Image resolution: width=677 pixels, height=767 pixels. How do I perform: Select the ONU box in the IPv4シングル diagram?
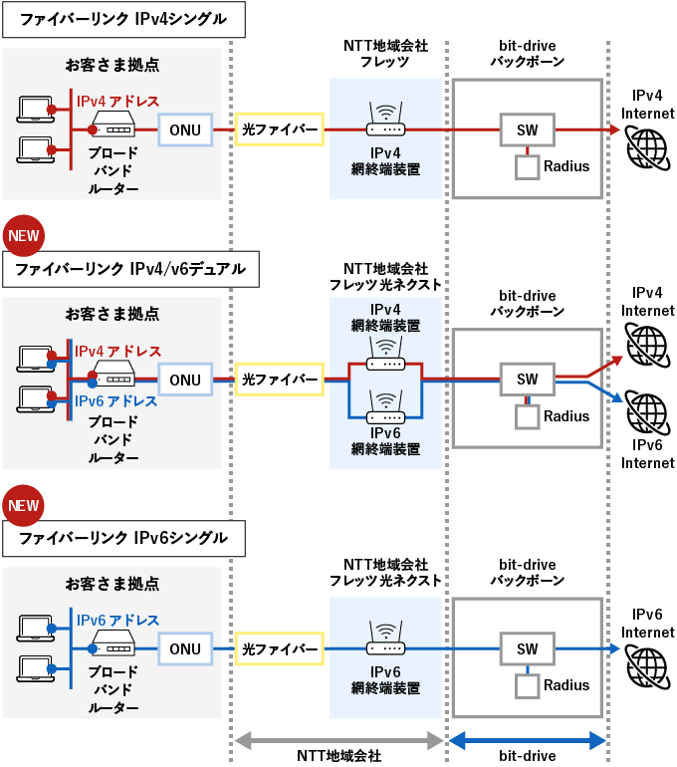tap(185, 129)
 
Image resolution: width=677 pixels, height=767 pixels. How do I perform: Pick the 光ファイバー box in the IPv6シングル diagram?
tap(279, 649)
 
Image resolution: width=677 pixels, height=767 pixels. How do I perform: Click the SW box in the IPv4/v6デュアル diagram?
tap(528, 380)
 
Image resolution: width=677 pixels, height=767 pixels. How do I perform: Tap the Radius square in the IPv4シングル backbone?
tap(527, 166)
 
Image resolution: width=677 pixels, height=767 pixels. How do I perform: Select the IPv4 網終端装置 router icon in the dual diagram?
tap(386, 352)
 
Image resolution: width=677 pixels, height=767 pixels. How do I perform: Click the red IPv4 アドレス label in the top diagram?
tap(118, 101)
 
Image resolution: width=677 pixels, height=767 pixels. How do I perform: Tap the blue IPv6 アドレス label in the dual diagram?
tap(116, 400)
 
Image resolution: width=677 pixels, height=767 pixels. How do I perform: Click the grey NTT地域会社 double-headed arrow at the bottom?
tap(338, 740)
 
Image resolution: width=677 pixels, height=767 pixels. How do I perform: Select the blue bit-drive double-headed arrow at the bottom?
tap(528, 740)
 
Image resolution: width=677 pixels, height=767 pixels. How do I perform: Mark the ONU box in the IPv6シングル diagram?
tap(185, 649)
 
